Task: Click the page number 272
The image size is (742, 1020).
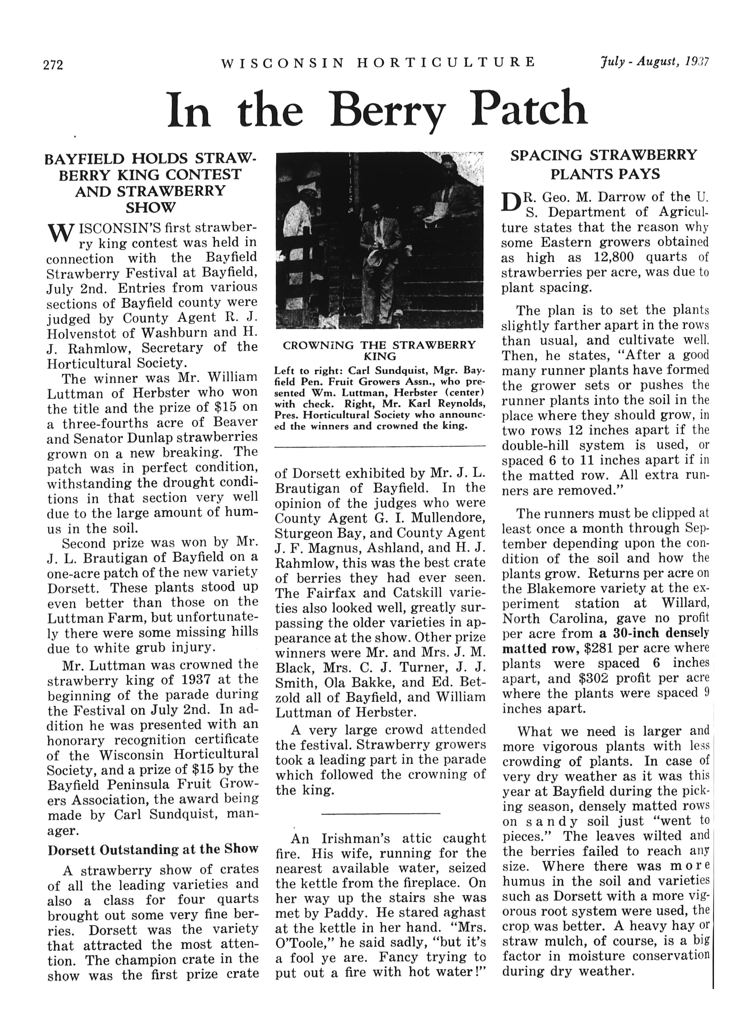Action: (x=53, y=66)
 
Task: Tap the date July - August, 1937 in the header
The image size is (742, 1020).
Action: (x=654, y=62)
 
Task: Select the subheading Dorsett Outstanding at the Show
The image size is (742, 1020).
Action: (x=153, y=849)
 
